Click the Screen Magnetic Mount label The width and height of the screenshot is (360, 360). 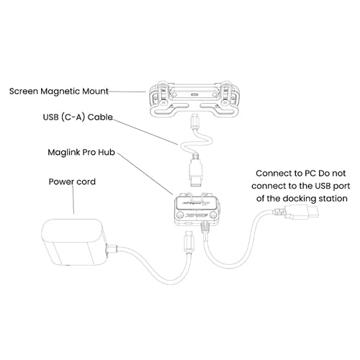pyautogui.click(x=59, y=91)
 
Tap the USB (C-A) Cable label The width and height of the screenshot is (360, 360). pyautogui.click(x=78, y=117)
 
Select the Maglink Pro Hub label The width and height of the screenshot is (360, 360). pyautogui.click(x=81, y=153)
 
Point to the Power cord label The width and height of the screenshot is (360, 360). pyautogui.click(x=72, y=181)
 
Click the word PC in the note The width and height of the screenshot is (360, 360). pyautogui.click(x=310, y=174)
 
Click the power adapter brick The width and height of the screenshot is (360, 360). pyautogui.click(x=74, y=243)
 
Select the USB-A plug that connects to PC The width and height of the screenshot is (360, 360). pyautogui.click(x=301, y=212)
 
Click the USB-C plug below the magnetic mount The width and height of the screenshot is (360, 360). pyautogui.click(x=194, y=122)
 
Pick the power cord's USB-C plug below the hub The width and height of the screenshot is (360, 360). pyautogui.click(x=189, y=241)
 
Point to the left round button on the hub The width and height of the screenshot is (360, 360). pyautogui.click(x=179, y=215)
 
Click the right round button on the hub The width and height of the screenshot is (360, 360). pyautogui.click(x=212, y=215)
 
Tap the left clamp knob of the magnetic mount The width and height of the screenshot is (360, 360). pyautogui.click(x=163, y=102)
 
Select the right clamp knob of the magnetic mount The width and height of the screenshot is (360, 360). pyautogui.click(x=225, y=103)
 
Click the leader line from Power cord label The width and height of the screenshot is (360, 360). pyautogui.click(x=73, y=199)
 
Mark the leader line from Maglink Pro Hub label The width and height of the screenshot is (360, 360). pyautogui.click(x=145, y=174)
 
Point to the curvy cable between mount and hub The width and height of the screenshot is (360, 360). pyautogui.click(x=197, y=142)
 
